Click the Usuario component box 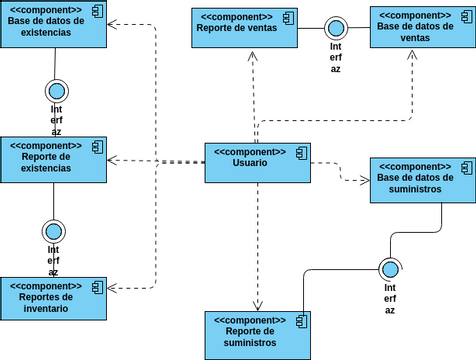pos(257,162)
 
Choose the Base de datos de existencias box pos(53,24)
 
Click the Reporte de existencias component pos(53,160)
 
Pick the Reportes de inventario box pos(53,298)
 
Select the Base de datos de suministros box pos(422,180)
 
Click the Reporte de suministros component pos(257,334)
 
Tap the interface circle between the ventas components pos(336,27)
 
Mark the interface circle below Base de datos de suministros pos(390,269)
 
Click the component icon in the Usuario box pos(297,152)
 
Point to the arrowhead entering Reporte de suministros pos(257,305)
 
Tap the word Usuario pos(250,163)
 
